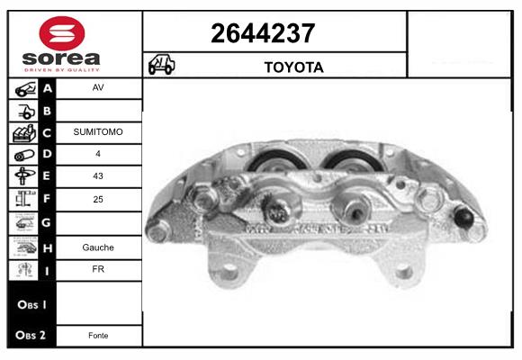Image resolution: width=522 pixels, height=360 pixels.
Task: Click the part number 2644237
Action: click(x=263, y=33)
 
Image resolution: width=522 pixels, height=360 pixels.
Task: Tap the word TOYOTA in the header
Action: click(x=293, y=67)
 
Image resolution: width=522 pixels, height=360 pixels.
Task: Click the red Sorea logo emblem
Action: click(x=62, y=33)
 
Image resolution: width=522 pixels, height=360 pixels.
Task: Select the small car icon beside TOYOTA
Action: click(x=161, y=64)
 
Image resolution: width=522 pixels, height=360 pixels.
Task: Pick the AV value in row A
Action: click(x=98, y=87)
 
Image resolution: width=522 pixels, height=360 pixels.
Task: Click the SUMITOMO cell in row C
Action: click(x=98, y=132)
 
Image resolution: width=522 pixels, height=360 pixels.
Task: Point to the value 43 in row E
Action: click(x=98, y=175)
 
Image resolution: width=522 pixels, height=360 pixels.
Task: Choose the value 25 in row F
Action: click(x=98, y=199)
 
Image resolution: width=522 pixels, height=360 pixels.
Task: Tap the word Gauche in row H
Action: click(x=98, y=247)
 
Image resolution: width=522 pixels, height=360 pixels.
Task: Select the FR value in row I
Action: click(x=98, y=269)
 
